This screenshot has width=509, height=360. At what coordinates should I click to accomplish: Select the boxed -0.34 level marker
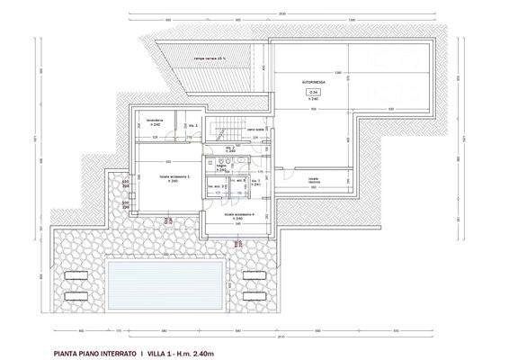[313, 92]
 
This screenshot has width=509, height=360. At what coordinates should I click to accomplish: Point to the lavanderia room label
[155, 120]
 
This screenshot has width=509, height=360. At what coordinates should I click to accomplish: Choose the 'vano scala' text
[255, 130]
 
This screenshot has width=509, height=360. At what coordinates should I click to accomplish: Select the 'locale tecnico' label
[314, 180]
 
